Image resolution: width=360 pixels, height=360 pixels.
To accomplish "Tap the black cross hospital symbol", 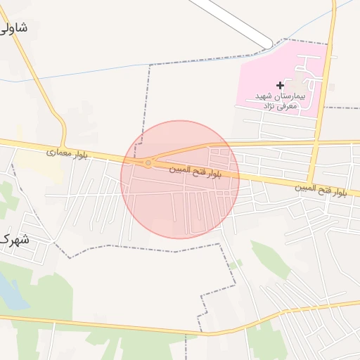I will click(x=280, y=85).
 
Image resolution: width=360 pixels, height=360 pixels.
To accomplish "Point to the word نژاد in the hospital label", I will click(x=268, y=105).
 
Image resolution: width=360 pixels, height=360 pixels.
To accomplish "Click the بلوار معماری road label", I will click(x=67, y=153).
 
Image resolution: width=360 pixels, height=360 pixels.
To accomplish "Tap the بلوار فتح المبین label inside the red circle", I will click(x=195, y=171).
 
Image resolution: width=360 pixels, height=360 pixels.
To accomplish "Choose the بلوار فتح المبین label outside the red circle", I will click(x=320, y=188).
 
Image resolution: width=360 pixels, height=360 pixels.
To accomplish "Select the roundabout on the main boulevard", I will click(x=148, y=163).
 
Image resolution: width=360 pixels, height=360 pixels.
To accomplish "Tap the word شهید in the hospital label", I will click(x=263, y=96).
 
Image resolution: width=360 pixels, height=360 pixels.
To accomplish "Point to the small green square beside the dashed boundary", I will click(x=237, y=264).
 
